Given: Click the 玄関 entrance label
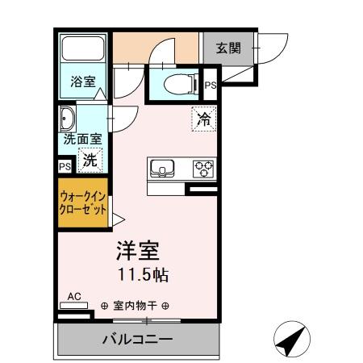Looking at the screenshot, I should pyautogui.click(x=227, y=48).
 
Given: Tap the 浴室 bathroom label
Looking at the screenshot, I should pyautogui.click(x=81, y=81).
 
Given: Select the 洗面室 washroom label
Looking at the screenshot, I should pyautogui.click(x=83, y=139).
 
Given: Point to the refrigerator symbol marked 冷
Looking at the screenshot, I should pyautogui.click(x=204, y=120).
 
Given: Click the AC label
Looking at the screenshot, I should pyautogui.click(x=73, y=297).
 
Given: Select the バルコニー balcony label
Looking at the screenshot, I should pyautogui.click(x=137, y=340).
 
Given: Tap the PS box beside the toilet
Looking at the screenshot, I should pyautogui.click(x=210, y=85).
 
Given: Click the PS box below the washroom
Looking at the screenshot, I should pyautogui.click(x=65, y=166).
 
